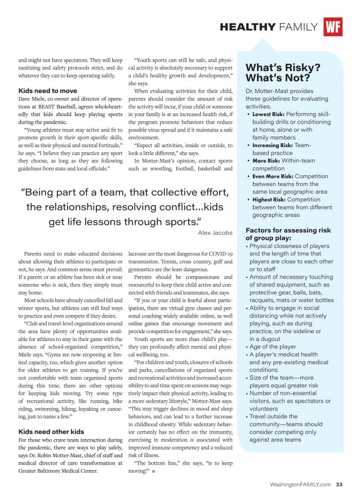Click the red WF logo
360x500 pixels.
pos(332,26)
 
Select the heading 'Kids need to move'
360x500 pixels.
pos(48,90)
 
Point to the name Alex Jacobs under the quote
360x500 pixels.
pos(215,232)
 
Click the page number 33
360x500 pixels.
pos(339,484)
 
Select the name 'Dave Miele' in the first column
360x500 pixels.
pos(32,99)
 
